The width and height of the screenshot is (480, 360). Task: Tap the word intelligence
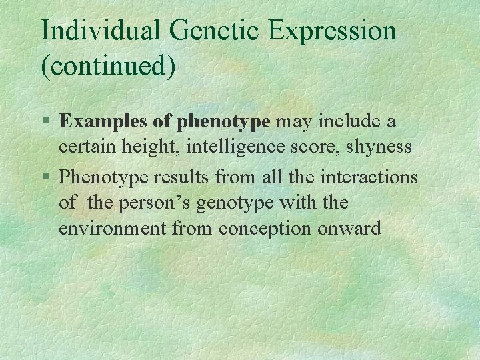(246, 147)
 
